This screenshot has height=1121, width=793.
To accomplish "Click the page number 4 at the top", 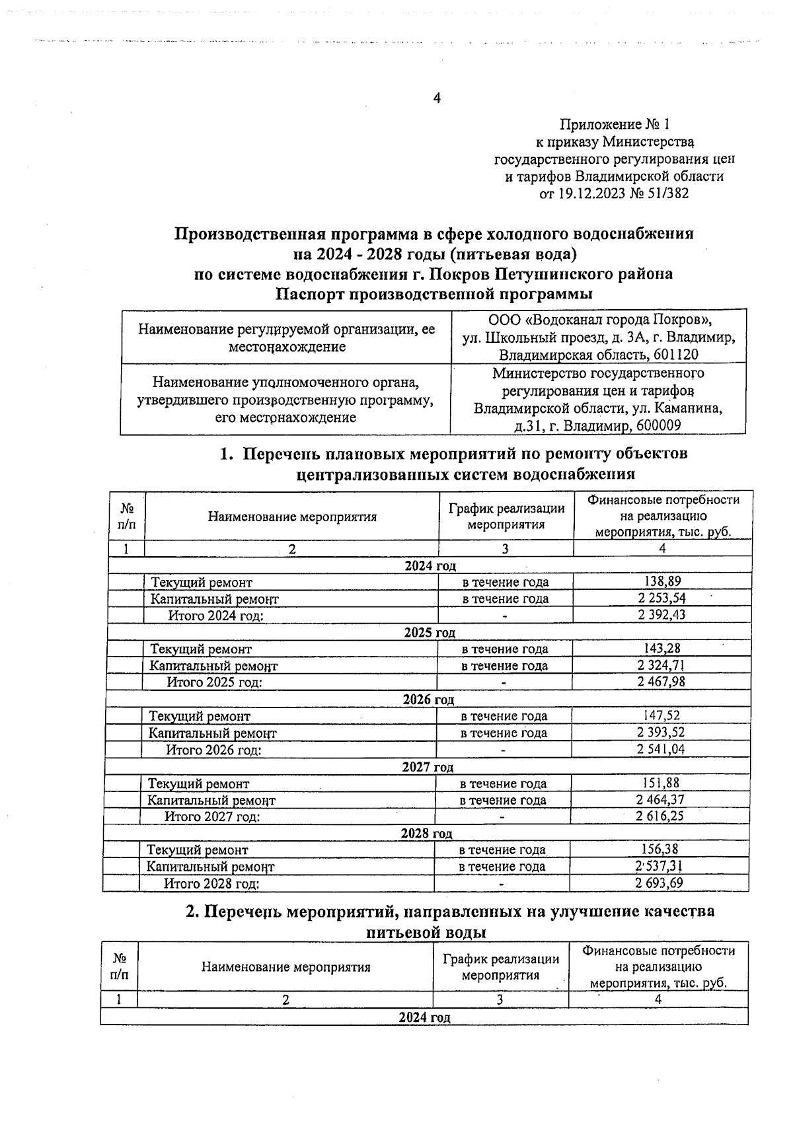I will pyautogui.click(x=436, y=98).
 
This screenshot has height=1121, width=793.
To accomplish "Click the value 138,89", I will pyautogui.click(x=662, y=581).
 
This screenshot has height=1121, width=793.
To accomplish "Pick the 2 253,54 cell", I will pyautogui.click(x=662, y=598).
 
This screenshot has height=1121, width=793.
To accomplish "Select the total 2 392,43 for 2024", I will pyautogui.click(x=662, y=615).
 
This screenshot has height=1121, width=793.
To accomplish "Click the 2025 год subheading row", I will pyautogui.click(x=430, y=632).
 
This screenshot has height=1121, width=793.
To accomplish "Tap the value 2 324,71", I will pyautogui.click(x=661, y=665).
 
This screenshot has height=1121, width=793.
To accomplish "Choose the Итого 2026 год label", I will pyautogui.click(x=213, y=750).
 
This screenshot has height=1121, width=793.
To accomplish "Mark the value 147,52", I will pyautogui.click(x=661, y=715).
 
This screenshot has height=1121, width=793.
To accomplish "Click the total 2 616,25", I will pyautogui.click(x=660, y=816).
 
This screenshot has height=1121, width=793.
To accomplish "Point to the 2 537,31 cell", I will pyautogui.click(x=659, y=866).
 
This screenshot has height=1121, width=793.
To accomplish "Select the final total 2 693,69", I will pyautogui.click(x=659, y=883).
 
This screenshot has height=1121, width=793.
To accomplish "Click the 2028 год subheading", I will pyautogui.click(x=427, y=834).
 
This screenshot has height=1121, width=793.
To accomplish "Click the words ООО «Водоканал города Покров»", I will pyautogui.click(x=599, y=320).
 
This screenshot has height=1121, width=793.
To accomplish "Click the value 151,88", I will pyautogui.click(x=661, y=783).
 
